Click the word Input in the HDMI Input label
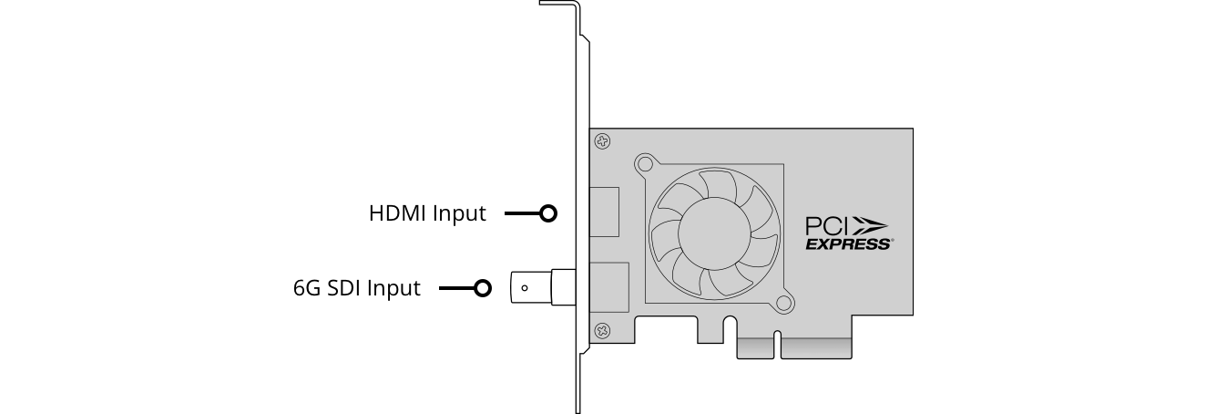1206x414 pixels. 459,213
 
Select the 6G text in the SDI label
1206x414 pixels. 305,288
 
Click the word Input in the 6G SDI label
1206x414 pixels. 393,288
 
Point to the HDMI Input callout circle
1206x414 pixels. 547,213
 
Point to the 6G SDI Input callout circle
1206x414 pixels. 483,289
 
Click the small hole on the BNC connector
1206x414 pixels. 524,289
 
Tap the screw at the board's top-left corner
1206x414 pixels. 602,141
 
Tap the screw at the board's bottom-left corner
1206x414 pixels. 602,328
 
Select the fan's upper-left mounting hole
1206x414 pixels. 646,165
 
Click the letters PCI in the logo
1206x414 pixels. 827,224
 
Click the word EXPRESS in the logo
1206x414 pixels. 848,244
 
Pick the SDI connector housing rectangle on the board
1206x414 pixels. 609,287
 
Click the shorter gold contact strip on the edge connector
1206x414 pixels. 756,348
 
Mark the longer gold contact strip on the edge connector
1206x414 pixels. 816,348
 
